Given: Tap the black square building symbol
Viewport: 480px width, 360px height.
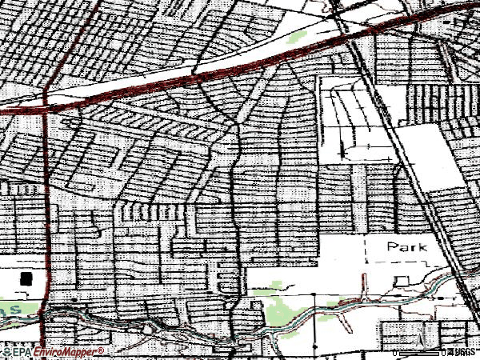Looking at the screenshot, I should (27, 278).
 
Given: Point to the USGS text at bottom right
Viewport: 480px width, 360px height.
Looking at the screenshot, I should (462, 352).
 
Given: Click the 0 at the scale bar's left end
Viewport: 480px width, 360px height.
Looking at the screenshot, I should (394, 352).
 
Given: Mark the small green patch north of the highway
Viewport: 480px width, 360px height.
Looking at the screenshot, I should (298, 37).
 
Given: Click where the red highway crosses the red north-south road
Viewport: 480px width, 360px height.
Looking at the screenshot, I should (46, 103).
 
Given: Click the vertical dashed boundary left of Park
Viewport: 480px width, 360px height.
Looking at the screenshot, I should (366, 250).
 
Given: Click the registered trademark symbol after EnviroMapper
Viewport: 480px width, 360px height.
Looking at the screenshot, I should (102, 350).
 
